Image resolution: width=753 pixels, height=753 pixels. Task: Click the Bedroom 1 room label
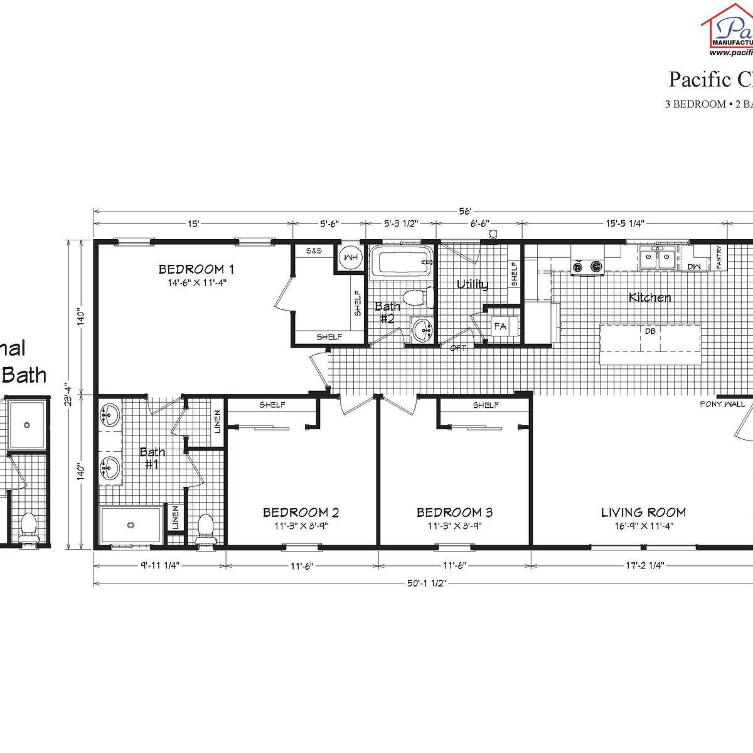[x=196, y=269]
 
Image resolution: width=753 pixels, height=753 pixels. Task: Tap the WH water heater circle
[x=350, y=257]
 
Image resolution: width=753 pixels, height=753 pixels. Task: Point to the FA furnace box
[x=501, y=326]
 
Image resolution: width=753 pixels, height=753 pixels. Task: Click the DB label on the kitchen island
[x=650, y=331]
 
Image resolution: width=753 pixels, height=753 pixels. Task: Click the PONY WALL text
[x=722, y=404]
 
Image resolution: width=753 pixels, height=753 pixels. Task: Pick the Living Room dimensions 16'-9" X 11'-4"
[x=644, y=526]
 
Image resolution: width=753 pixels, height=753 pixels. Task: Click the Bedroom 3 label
[x=454, y=513]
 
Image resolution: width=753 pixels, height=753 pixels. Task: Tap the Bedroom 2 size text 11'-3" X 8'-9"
[x=301, y=526]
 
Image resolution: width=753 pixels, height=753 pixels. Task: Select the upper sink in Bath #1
[x=110, y=415]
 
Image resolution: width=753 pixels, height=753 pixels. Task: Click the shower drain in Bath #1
[x=131, y=525]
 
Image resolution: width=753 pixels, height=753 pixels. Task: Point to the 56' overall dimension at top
[x=464, y=211]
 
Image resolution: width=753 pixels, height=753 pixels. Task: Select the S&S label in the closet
[x=314, y=250]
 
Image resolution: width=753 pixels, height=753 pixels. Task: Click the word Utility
[x=472, y=285]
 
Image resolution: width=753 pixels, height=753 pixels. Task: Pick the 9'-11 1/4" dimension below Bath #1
[x=159, y=565]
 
